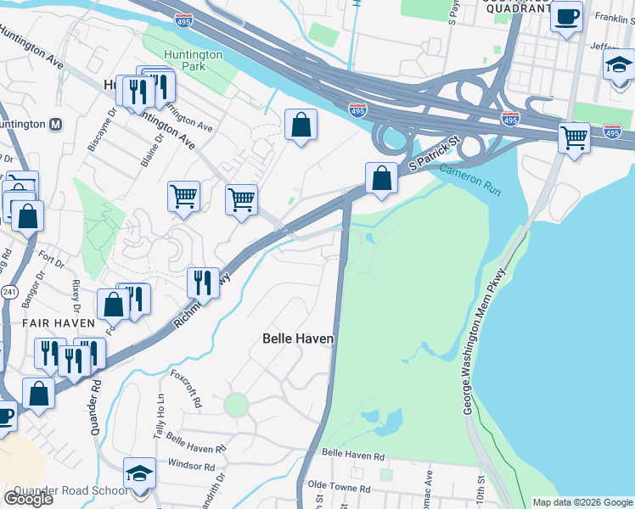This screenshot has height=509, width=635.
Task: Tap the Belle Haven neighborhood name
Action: click(x=297, y=338)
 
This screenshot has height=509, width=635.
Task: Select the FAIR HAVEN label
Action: click(x=59, y=323)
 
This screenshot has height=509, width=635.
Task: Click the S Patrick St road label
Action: click(x=434, y=153)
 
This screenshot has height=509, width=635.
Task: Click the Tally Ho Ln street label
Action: click(x=159, y=417)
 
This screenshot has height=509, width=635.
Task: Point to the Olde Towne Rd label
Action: click(x=339, y=489)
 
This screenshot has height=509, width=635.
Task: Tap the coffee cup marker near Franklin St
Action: click(x=566, y=16)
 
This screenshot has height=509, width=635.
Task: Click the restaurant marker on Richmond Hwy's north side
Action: click(x=202, y=282)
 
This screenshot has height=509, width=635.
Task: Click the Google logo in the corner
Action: click(x=27, y=498)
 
